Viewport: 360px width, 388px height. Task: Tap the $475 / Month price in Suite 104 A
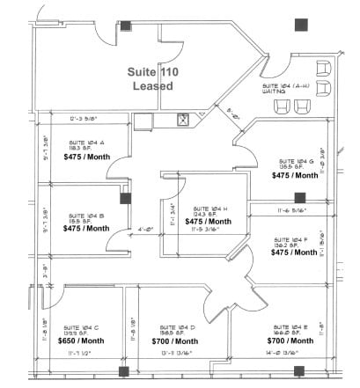click(85, 158)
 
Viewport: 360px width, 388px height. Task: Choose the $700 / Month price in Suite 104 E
click(290, 340)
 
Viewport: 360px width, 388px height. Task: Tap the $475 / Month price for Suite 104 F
click(293, 253)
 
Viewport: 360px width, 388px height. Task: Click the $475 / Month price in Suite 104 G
click(293, 176)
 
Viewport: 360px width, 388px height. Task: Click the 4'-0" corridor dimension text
click(121, 231)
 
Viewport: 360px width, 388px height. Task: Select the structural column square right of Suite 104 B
click(126, 198)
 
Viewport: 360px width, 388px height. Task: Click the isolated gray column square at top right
click(302, 25)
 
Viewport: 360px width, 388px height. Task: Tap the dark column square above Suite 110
click(126, 25)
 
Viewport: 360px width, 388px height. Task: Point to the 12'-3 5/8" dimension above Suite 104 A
click(83, 117)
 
